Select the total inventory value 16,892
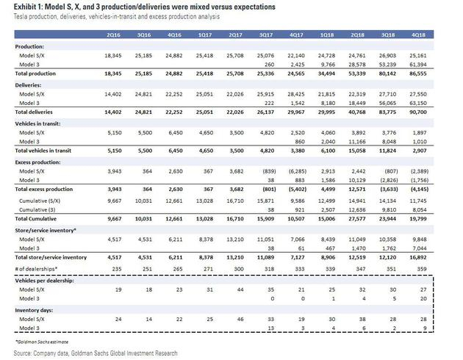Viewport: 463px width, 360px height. point(437,257)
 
